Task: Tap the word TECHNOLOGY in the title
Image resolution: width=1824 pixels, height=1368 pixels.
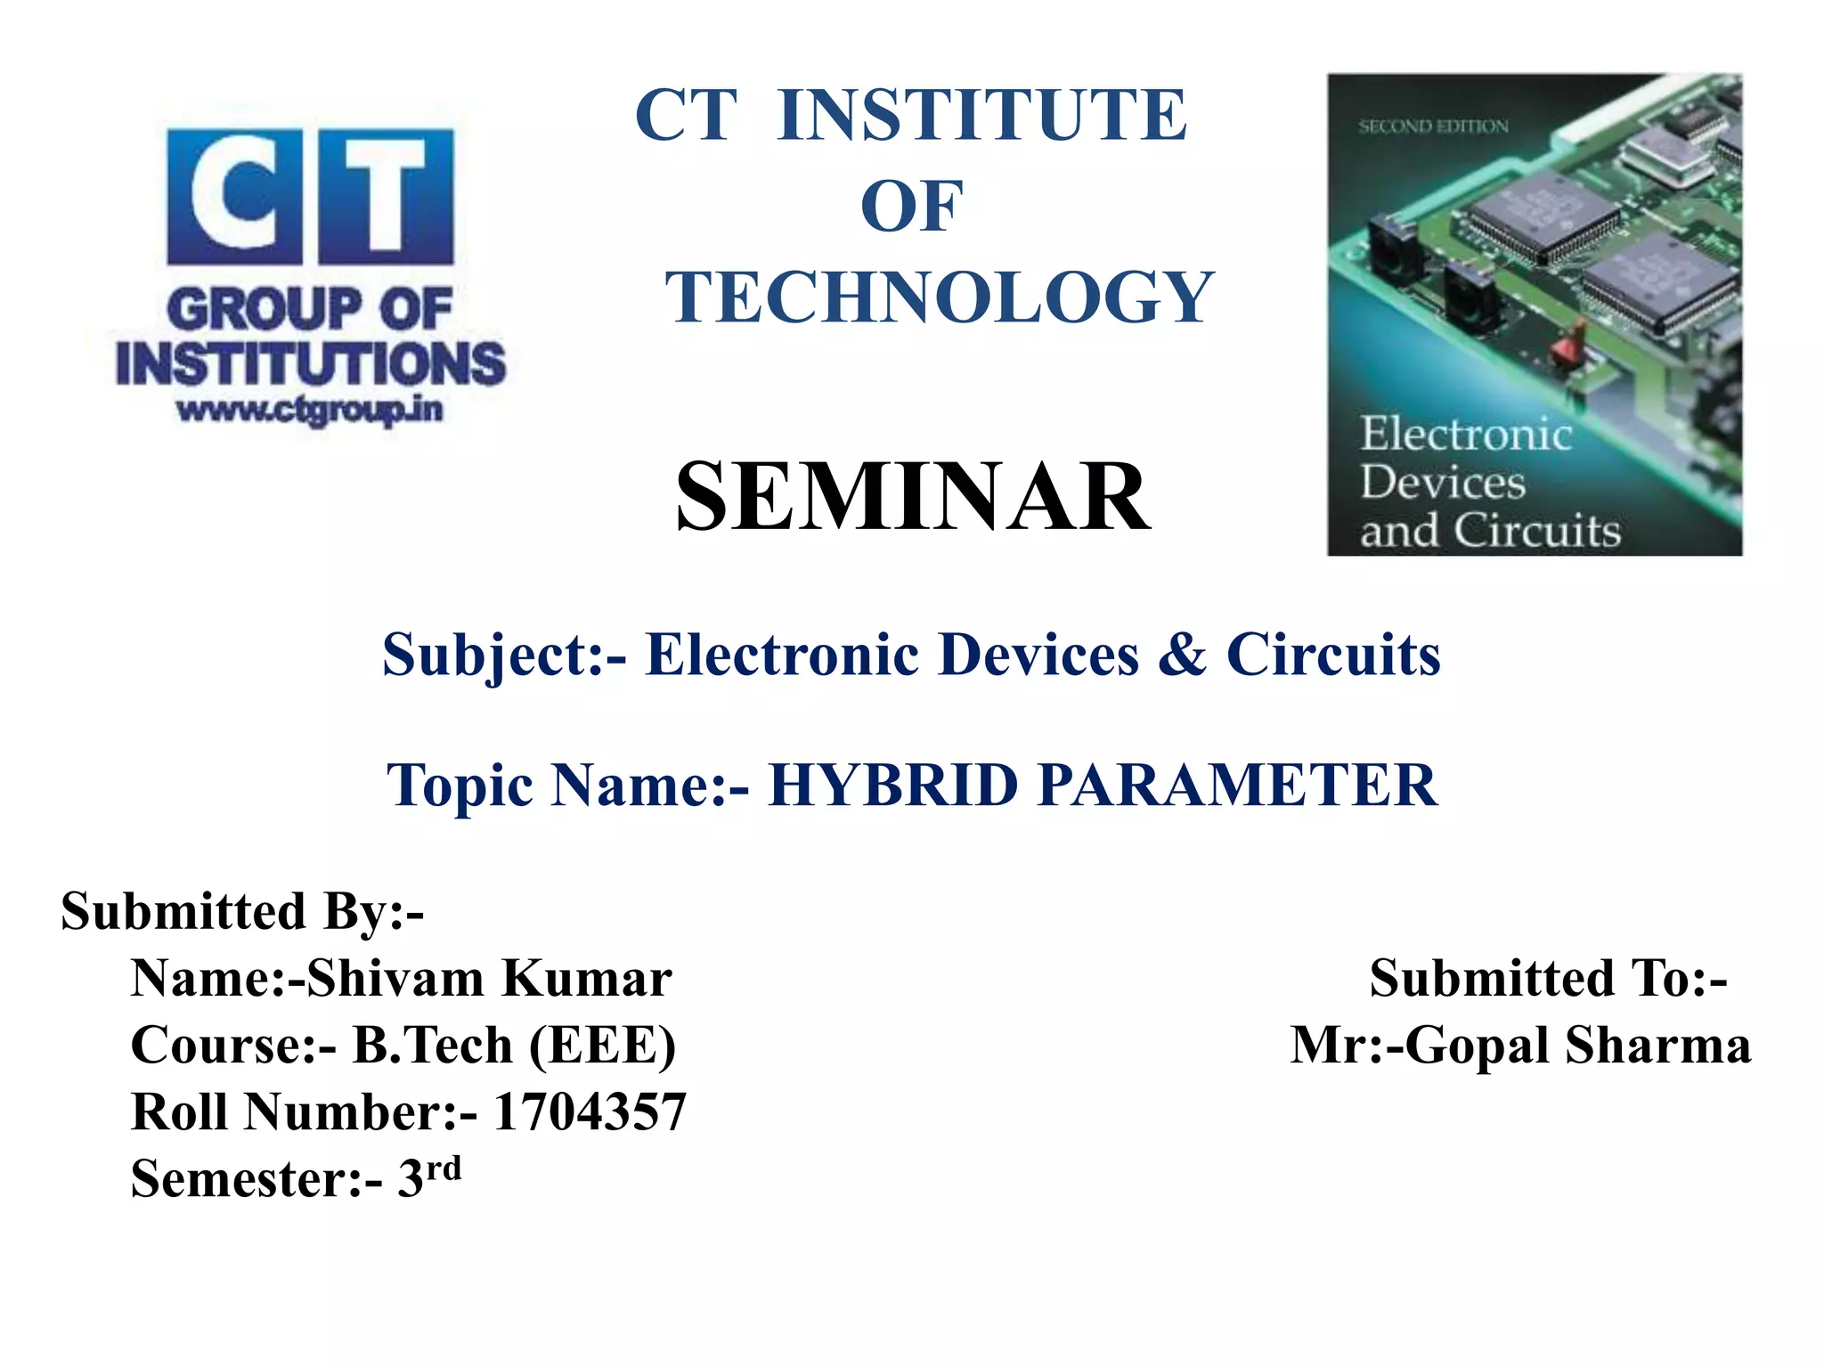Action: pos(940,297)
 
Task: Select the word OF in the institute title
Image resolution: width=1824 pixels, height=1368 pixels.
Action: pos(911,206)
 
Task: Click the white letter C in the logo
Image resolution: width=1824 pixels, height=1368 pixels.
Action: pos(233,196)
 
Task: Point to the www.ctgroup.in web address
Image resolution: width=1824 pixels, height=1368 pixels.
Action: pos(310,411)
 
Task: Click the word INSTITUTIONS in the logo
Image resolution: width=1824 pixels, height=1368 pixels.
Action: pos(310,363)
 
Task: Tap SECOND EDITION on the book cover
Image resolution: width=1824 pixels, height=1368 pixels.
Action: pos(1433,126)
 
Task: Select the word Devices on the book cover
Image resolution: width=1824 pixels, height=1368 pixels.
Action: pos(1443,483)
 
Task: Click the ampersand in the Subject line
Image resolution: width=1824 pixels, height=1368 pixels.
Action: pos(1182,655)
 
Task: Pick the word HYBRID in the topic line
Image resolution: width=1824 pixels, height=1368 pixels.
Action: pos(892,786)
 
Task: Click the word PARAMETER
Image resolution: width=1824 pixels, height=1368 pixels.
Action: pos(1238,786)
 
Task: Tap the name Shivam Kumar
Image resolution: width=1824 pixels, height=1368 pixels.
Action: pos(490,978)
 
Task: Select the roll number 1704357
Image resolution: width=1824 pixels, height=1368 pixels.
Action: pos(590,1111)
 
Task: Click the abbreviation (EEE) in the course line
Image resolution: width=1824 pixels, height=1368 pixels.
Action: pos(603,1045)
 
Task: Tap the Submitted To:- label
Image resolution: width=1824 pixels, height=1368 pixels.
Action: pos(1548,978)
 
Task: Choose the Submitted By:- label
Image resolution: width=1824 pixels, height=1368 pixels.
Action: pos(242,911)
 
